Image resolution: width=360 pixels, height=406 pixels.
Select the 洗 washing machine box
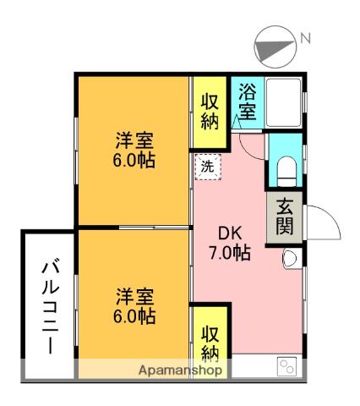[207, 167]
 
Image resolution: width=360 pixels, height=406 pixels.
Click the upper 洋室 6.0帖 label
[134, 150]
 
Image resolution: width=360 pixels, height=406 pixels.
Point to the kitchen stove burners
[287, 367]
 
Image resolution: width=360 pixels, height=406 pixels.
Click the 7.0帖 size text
[231, 252]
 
